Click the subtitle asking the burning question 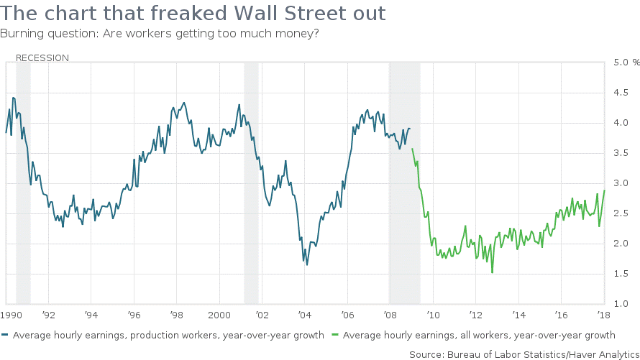point(160,34)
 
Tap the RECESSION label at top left point(42,57)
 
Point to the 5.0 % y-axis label point(620,63)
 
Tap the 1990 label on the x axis point(11,315)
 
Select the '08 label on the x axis point(388,315)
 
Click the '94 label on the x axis point(91,315)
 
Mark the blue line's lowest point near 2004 point(307,264)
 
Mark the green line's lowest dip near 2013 point(493,272)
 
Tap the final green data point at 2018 point(605,190)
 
